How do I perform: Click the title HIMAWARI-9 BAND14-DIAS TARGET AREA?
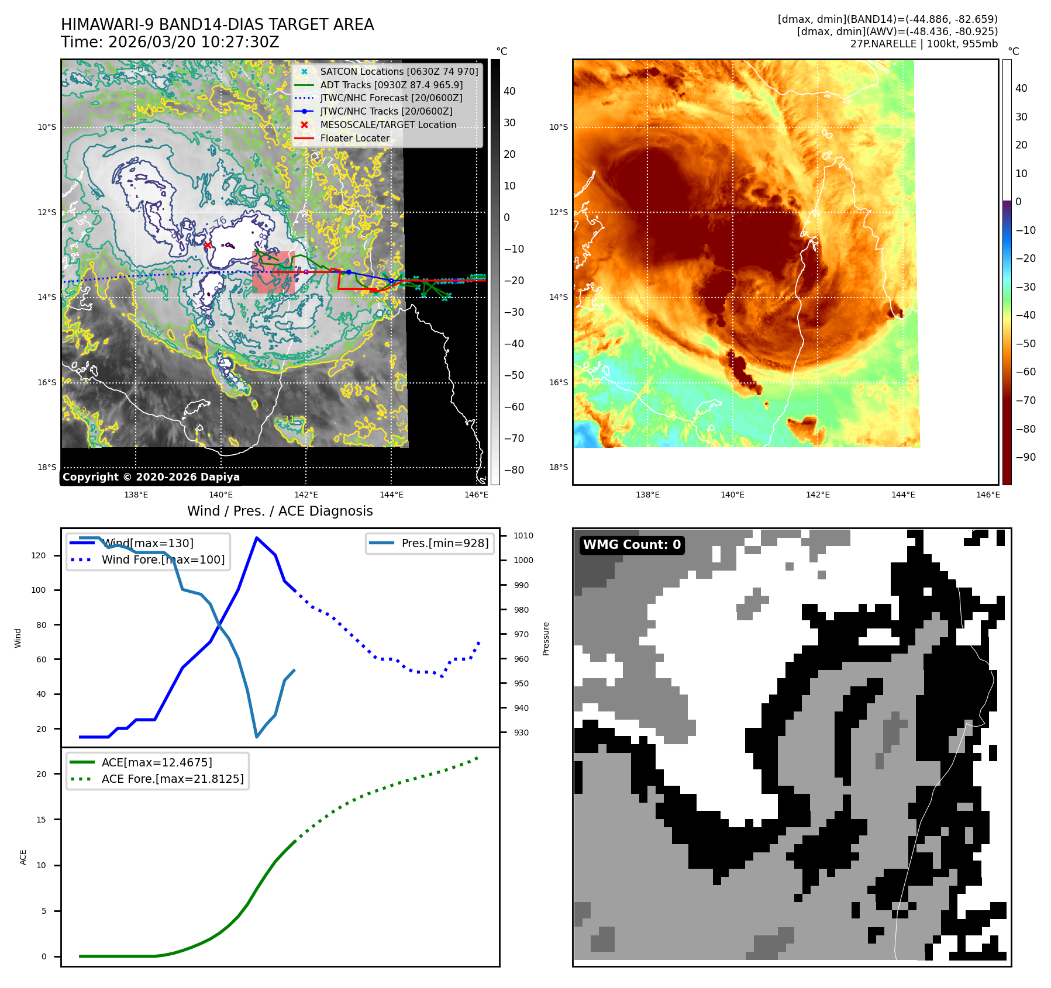[x=217, y=25]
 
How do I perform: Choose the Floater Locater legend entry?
[x=354, y=138]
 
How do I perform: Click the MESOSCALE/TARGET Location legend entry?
[x=388, y=125]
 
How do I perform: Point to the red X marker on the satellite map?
[x=208, y=245]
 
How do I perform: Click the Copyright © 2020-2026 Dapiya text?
[x=151, y=477]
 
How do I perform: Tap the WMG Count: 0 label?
[x=632, y=545]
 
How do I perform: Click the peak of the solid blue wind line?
[x=256, y=537]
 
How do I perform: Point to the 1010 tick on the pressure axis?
[x=523, y=536]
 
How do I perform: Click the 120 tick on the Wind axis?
[x=39, y=555]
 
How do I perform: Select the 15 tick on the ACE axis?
[x=41, y=820]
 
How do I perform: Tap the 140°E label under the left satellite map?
[x=221, y=495]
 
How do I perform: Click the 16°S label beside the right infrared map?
[x=558, y=382]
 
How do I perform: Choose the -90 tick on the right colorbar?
[x=1025, y=457]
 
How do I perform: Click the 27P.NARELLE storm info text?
[x=923, y=44]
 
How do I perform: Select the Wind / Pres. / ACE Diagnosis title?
[x=280, y=511]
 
